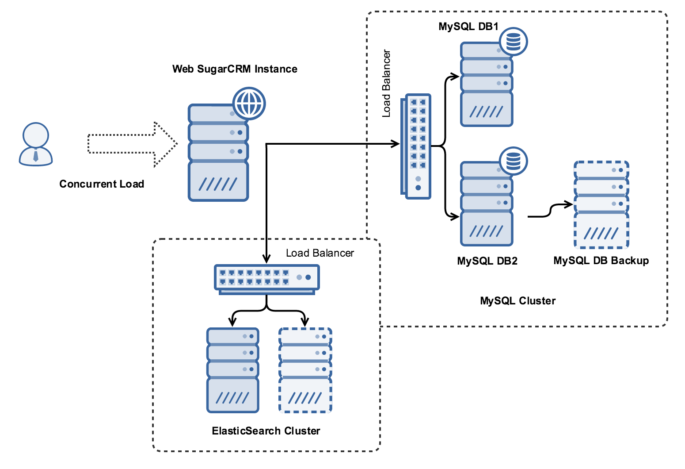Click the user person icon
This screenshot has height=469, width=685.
(x=36, y=144)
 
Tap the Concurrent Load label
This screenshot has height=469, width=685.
(x=102, y=184)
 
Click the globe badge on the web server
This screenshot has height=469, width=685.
(x=249, y=104)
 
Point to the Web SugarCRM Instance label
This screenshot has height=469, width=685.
(x=235, y=69)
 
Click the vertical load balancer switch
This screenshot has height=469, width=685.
(x=417, y=146)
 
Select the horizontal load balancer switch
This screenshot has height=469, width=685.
(x=266, y=279)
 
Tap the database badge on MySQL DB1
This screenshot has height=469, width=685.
(x=513, y=42)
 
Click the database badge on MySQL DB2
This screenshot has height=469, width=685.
(x=513, y=161)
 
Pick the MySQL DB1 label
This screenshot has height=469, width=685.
(x=468, y=27)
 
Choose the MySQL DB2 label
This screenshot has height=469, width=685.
(x=487, y=261)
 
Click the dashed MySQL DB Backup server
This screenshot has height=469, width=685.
(x=601, y=204)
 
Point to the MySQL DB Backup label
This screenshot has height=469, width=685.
(x=601, y=261)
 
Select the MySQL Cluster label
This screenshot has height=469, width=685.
(x=518, y=301)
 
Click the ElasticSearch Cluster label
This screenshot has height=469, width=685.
(x=266, y=431)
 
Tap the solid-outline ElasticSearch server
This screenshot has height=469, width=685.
(x=233, y=370)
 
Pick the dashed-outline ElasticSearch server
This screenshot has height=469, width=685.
(x=305, y=370)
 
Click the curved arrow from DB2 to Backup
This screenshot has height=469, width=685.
(x=550, y=211)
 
